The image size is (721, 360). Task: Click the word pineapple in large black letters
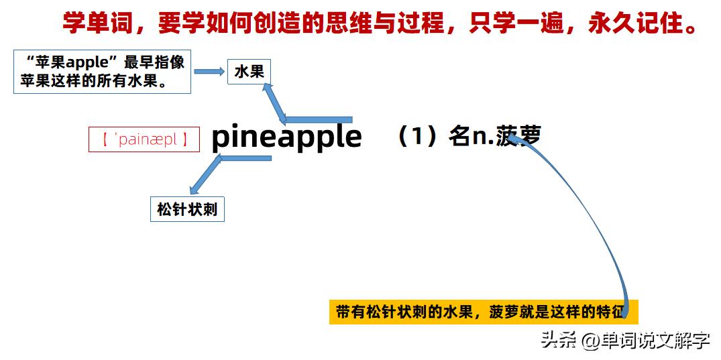pyautogui.click(x=286, y=137)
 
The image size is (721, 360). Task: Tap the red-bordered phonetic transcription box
pyautogui.click(x=144, y=140)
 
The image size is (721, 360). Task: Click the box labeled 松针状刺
pyautogui.click(x=187, y=210)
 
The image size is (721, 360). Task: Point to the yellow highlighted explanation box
pyautogui.click(x=483, y=312)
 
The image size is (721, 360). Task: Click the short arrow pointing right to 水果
pyautogui.click(x=209, y=72)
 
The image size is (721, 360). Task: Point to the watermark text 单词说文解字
pyautogui.click(x=655, y=341)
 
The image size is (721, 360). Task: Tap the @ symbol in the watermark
pyautogui.click(x=590, y=341)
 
